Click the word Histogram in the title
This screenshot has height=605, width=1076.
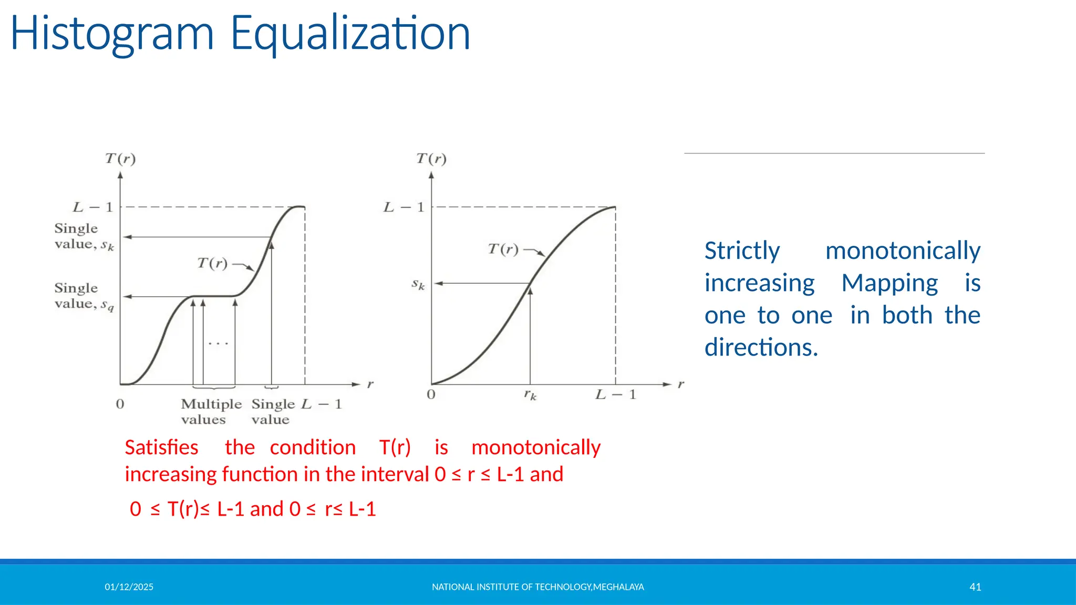(112, 34)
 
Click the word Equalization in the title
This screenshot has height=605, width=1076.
(350, 34)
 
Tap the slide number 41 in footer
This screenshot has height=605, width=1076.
(975, 587)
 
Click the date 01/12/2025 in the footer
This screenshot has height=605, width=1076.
(129, 587)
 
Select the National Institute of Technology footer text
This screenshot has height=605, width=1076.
(537, 587)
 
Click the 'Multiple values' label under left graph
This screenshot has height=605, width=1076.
(211, 412)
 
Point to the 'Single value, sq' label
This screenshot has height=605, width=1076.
(83, 296)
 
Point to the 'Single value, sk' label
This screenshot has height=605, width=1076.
(83, 236)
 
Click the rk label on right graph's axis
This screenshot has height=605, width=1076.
(530, 395)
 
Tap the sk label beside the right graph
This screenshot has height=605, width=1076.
(418, 285)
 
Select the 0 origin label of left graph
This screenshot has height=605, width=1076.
(120, 404)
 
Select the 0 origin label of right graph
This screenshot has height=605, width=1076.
(431, 394)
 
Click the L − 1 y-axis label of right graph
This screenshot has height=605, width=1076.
(403, 207)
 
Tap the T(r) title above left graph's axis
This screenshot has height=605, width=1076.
(120, 159)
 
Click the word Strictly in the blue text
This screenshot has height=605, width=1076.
(742, 251)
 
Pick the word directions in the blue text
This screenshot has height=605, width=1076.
(761, 348)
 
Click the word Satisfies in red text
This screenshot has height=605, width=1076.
(161, 447)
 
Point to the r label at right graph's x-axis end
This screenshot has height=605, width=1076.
(681, 384)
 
